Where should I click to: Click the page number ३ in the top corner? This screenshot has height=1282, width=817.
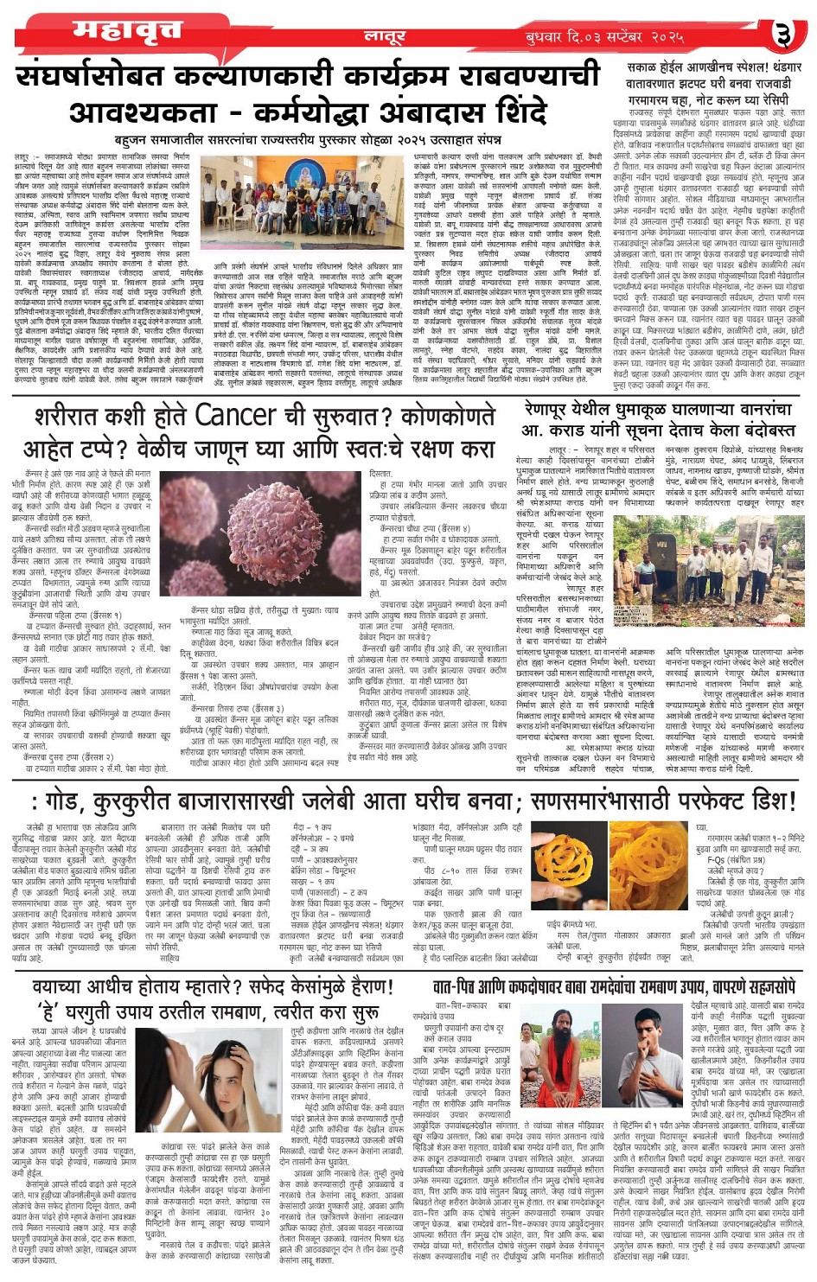(782, 35)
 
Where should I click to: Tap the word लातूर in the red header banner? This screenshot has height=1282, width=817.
(385, 36)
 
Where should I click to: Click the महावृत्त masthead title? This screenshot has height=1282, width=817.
(127, 31)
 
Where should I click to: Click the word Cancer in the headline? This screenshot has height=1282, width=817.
(235, 416)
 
